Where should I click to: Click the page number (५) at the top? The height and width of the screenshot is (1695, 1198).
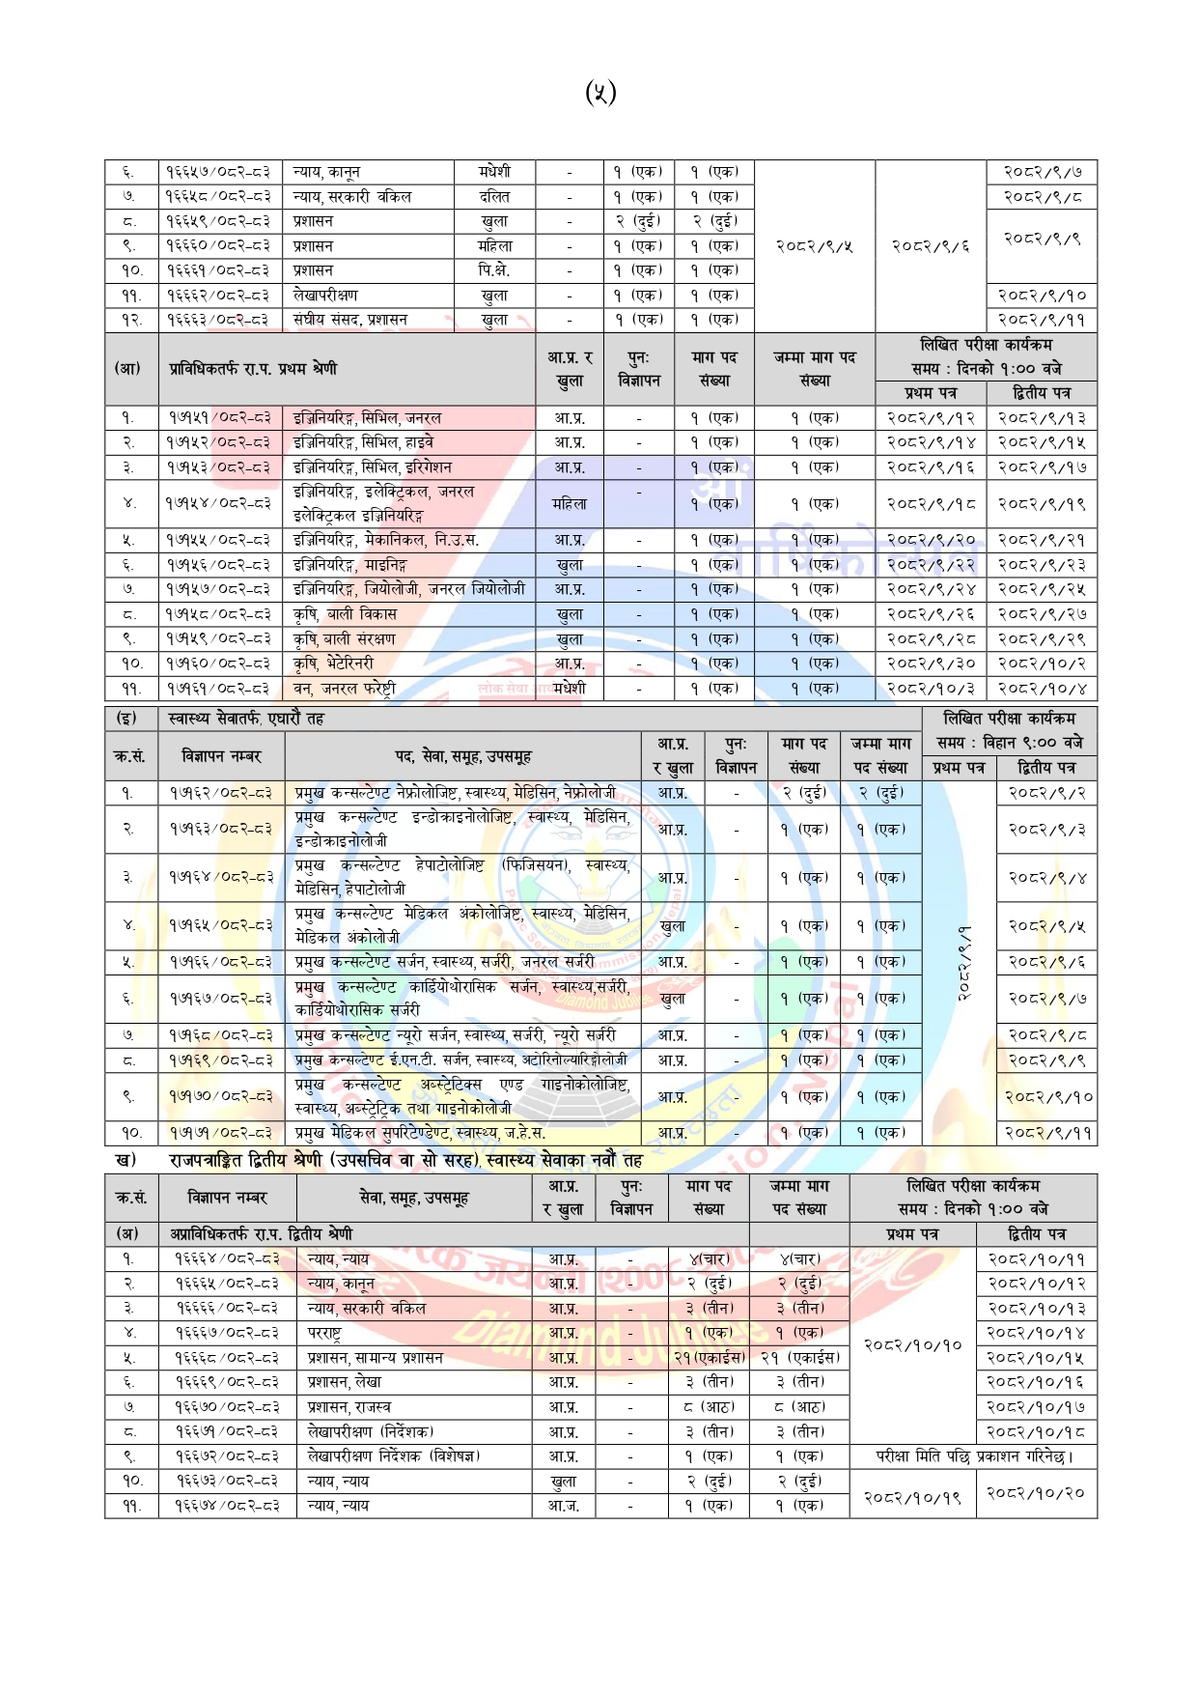click(599, 93)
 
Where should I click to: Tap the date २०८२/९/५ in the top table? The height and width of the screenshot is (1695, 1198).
click(814, 246)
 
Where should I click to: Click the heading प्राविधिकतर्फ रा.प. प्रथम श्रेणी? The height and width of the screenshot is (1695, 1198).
click(253, 369)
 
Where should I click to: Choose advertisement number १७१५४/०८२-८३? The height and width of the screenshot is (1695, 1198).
click(218, 503)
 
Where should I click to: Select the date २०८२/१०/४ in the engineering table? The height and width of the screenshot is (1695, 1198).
click(1042, 689)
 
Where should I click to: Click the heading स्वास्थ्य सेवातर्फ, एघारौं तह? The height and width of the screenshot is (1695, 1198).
click(246, 719)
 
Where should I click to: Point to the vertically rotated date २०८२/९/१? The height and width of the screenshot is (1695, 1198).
click(962, 963)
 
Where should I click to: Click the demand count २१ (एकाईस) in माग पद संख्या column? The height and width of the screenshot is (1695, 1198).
click(709, 1358)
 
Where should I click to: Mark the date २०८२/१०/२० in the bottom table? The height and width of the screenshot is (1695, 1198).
click(1036, 1493)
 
